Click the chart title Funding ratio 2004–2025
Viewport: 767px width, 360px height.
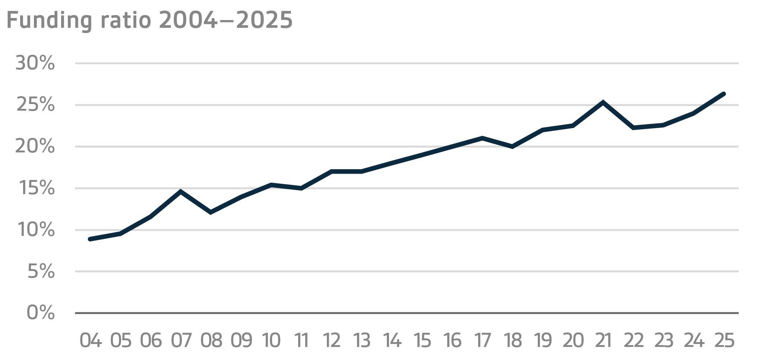click(149, 20)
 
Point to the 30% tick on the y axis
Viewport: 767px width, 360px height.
click(35, 63)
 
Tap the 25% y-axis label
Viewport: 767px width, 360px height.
click(35, 105)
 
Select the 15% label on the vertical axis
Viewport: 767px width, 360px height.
click(36, 188)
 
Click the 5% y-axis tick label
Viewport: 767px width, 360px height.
click(41, 272)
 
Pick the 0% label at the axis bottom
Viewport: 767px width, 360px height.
click(41, 313)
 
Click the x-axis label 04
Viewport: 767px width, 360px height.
click(91, 340)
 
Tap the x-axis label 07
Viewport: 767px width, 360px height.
click(181, 340)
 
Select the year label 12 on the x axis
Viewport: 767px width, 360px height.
click(332, 340)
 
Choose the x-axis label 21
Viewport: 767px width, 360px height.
click(603, 340)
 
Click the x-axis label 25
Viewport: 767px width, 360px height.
click(724, 340)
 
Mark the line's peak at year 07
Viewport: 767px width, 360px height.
click(181, 192)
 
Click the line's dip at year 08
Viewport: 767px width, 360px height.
click(211, 212)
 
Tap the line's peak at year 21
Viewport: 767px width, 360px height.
click(603, 102)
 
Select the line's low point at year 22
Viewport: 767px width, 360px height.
click(633, 128)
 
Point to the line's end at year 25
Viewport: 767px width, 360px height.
click(724, 94)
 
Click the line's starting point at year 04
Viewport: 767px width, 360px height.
click(91, 239)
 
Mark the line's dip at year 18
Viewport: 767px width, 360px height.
click(513, 146)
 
